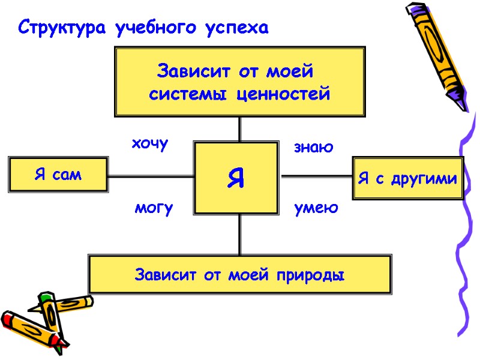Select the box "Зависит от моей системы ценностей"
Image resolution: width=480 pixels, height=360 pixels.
click(239, 82)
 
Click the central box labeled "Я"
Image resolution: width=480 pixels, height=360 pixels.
click(236, 178)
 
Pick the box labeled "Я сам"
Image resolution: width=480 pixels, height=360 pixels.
click(58, 175)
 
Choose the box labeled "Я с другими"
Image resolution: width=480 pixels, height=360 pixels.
click(407, 178)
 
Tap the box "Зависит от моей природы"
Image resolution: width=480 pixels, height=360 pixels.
click(239, 275)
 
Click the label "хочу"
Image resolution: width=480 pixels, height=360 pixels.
click(150, 144)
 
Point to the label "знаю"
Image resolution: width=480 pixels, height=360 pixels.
click(313, 147)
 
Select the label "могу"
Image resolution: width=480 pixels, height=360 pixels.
click(154, 208)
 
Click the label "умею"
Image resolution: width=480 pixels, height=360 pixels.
click(316, 208)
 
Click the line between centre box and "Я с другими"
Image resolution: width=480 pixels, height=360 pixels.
click(316, 176)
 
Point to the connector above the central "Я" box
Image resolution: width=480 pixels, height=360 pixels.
click(240, 128)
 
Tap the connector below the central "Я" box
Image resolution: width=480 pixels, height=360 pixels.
click(240, 235)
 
